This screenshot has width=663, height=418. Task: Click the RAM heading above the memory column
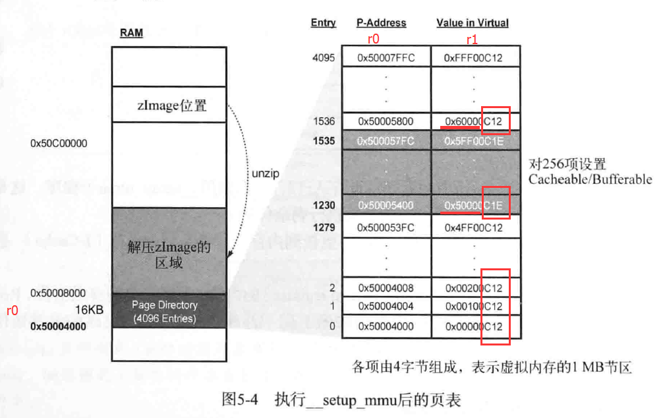point(132,34)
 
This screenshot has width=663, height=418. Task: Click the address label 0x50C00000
point(59,143)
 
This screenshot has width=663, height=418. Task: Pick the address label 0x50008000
point(58,293)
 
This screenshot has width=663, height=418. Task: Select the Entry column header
point(323,23)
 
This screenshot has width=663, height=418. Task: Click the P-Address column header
point(382,23)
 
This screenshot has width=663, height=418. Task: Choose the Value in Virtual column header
point(473,23)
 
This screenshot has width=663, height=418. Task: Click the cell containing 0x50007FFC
point(386,58)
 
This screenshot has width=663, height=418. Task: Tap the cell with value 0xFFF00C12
point(473,58)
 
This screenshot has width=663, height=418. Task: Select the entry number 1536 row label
point(324,121)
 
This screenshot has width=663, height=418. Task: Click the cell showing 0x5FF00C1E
point(473,140)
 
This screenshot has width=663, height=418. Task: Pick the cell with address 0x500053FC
point(386,228)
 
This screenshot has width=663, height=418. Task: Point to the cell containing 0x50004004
point(386,307)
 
